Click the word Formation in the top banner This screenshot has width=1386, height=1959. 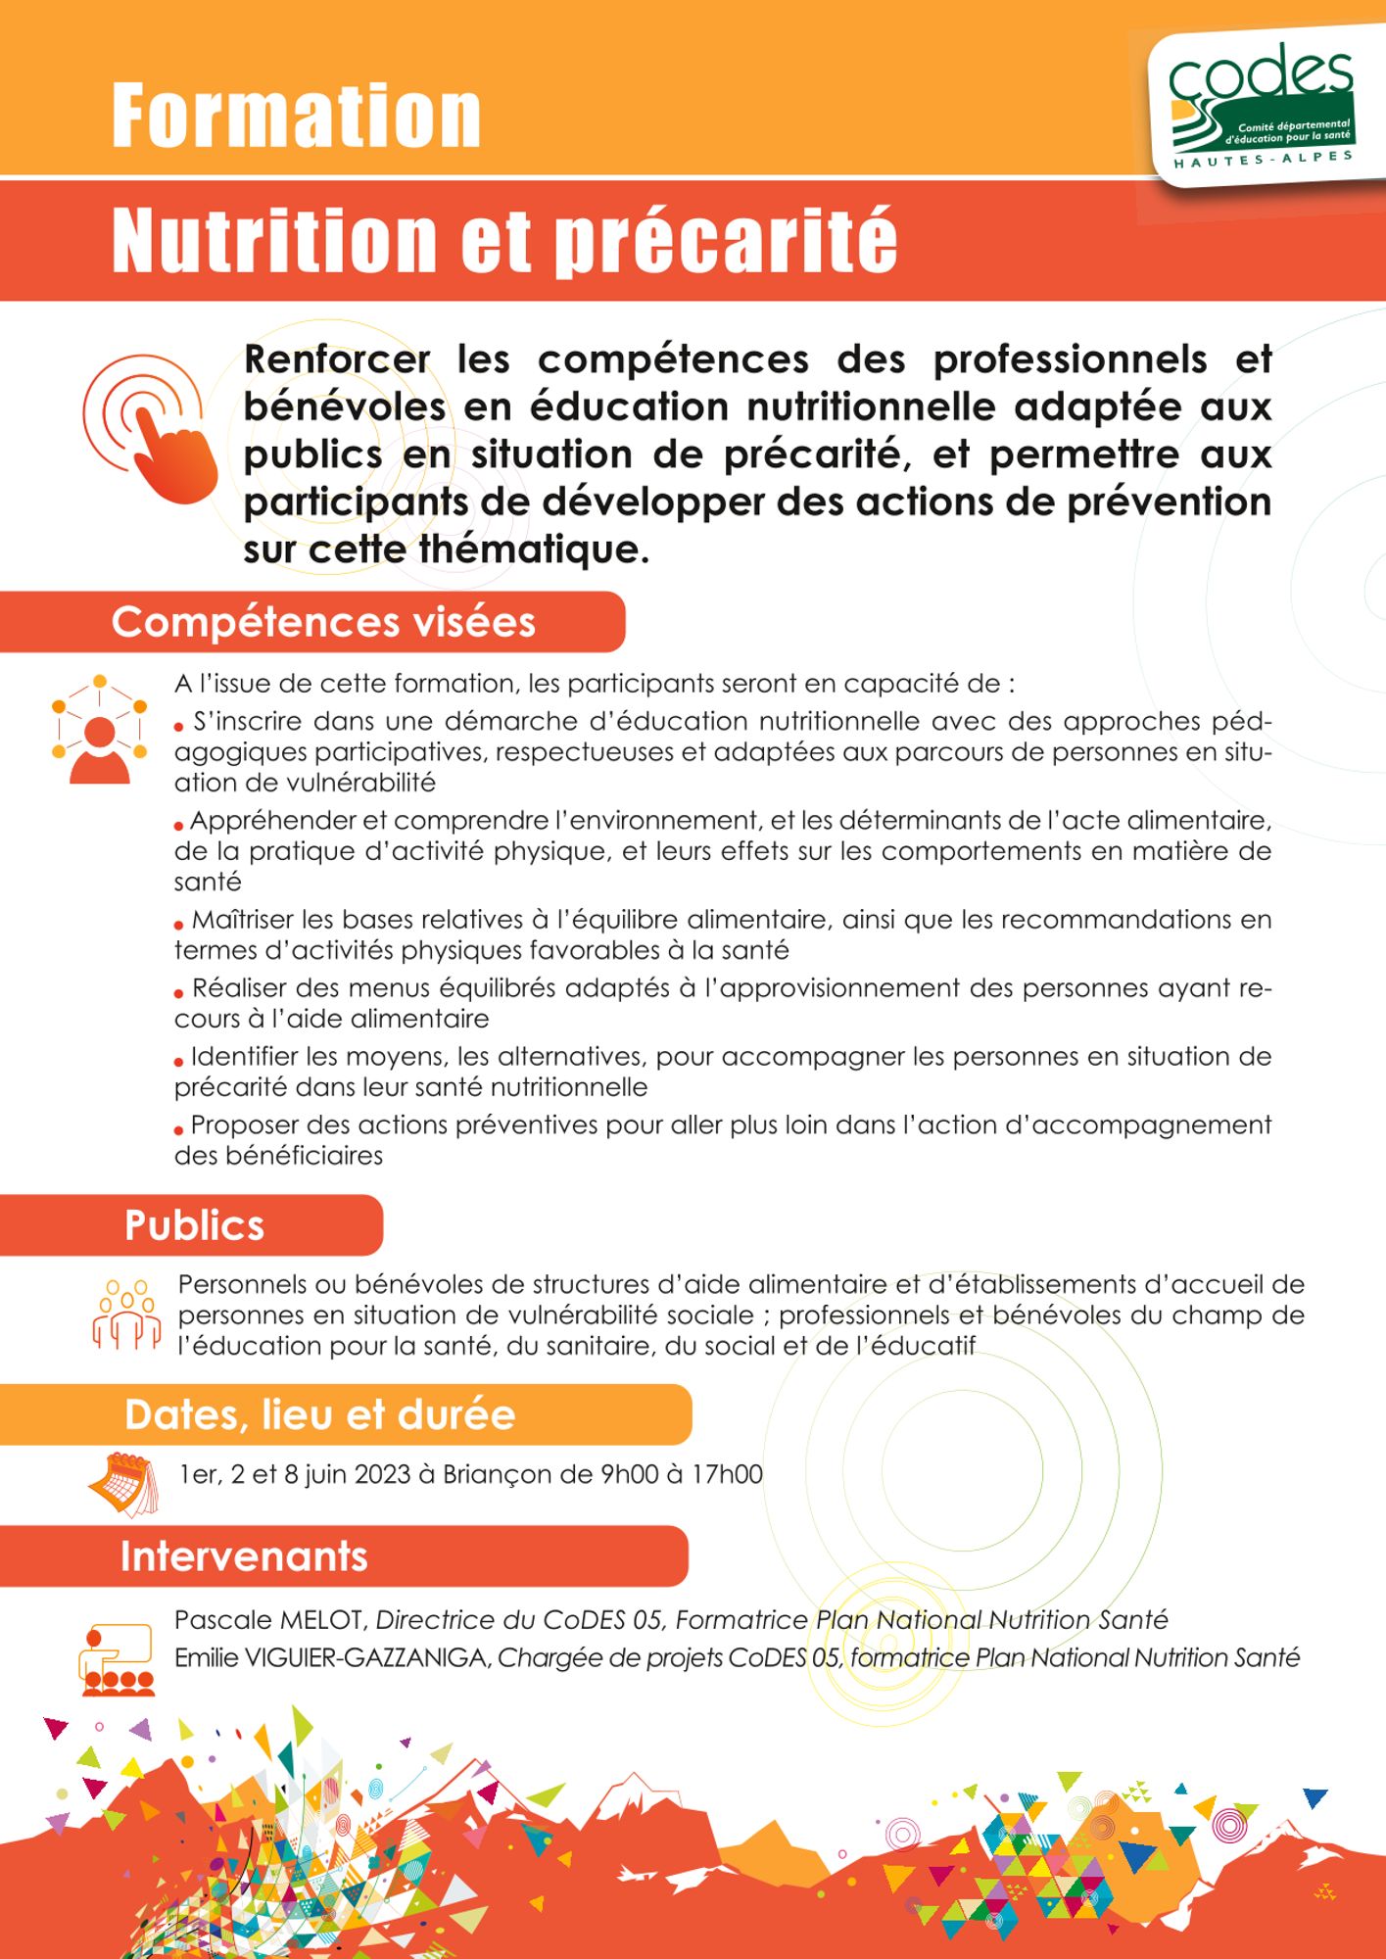(296, 116)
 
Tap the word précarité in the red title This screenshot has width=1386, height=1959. (727, 241)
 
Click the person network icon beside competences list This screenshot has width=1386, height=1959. (99, 730)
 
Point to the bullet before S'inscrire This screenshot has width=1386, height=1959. (179, 727)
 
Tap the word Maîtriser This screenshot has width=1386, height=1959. (248, 920)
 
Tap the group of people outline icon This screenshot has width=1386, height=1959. (126, 1314)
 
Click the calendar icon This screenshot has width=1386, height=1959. (122, 1483)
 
